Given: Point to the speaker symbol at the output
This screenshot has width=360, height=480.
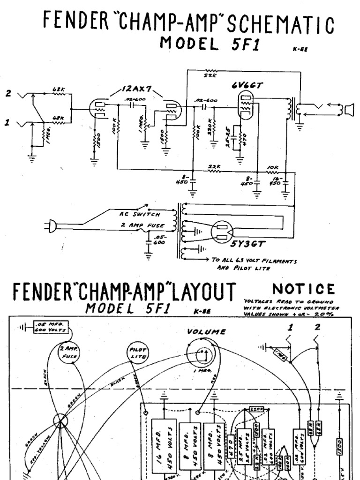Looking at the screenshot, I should [x=348, y=110].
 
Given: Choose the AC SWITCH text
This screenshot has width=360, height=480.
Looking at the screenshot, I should [x=135, y=213].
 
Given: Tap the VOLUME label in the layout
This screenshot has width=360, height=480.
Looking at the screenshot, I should [x=206, y=331].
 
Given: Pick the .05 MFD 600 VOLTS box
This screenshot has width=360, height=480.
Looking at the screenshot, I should [x=45, y=326].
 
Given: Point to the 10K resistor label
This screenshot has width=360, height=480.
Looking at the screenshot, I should [x=273, y=167].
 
